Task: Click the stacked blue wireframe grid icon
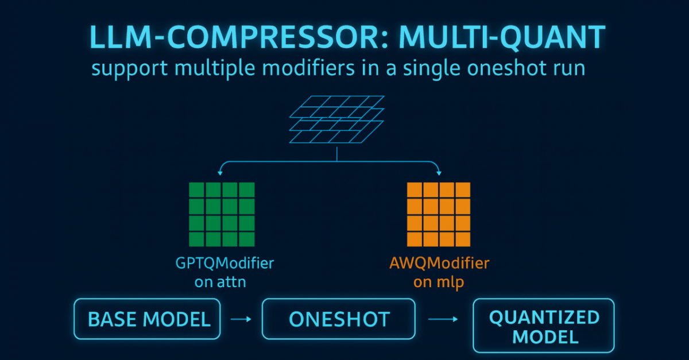337,120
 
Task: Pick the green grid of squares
222,214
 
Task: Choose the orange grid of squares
438,214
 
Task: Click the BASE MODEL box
148,319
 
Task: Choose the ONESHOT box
339,319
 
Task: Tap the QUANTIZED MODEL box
543,325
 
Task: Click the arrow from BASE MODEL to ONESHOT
241,319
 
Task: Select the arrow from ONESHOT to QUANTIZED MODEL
443,319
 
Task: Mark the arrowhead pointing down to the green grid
221,172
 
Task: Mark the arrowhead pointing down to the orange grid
439,172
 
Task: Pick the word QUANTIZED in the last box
544,316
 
